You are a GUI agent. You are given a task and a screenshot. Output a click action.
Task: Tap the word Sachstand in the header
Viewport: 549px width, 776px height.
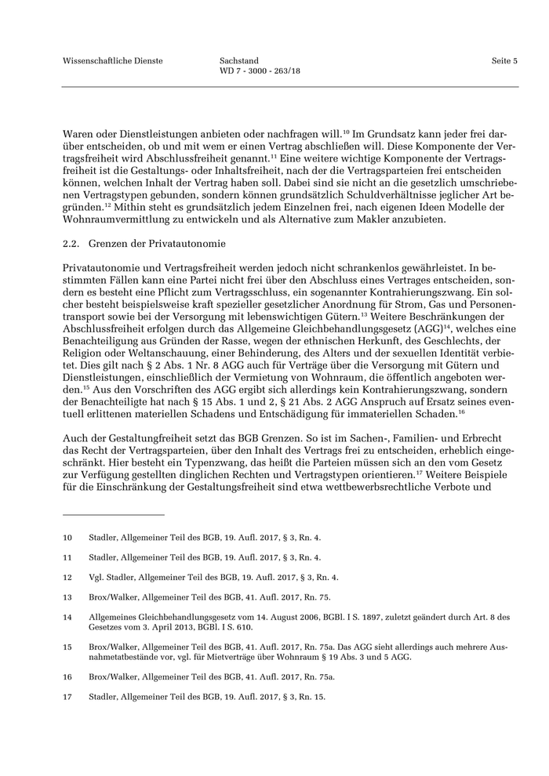pyautogui.click(x=239, y=60)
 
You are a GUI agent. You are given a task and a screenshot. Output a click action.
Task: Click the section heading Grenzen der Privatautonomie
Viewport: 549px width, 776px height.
pyautogui.click(x=157, y=243)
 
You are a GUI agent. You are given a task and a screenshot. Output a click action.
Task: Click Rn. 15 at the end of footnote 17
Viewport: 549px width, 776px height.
pyautogui.click(x=312, y=695)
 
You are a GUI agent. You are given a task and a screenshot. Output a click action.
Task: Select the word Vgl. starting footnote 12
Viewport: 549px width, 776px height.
pyautogui.click(x=97, y=578)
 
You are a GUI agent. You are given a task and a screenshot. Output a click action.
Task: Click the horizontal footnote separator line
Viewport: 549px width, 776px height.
pyautogui.click(x=113, y=515)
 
